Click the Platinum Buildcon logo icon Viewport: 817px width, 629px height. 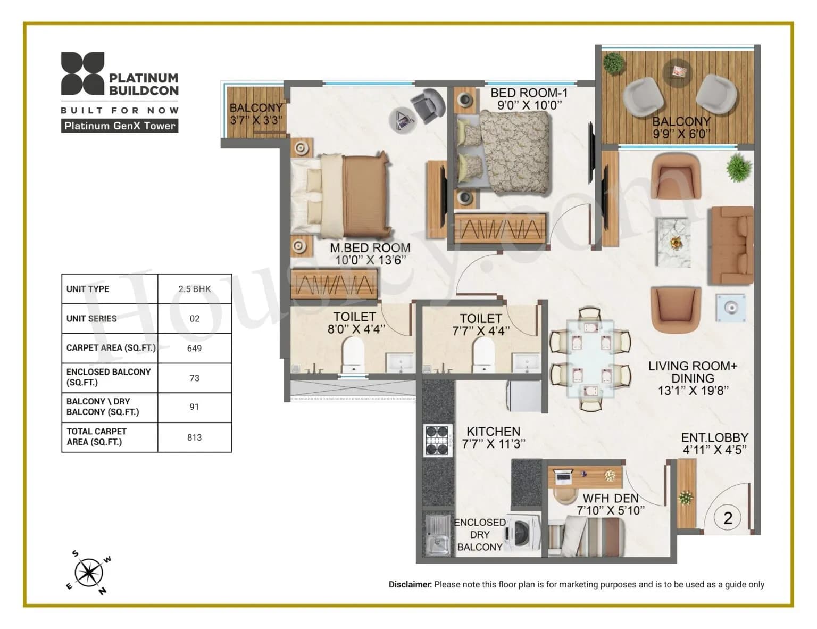82,73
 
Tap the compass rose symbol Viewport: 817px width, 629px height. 88,573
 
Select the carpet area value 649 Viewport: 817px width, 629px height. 194,349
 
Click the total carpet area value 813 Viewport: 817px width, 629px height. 194,437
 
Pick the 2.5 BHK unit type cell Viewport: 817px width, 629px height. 194,289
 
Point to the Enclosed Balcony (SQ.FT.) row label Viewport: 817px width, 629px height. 109,377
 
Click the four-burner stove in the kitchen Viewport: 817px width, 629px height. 438,440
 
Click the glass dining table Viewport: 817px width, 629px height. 590,358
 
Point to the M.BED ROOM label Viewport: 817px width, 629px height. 370,247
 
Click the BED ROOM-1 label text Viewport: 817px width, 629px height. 529,93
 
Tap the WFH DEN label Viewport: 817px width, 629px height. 610,498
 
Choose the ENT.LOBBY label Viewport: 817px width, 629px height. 714,437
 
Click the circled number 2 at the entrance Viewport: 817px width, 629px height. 728,517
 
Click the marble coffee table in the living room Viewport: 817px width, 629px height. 673,242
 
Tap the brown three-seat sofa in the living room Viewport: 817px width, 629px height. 730,246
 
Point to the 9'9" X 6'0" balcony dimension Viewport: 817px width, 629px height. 681,134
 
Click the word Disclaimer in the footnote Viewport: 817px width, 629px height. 410,584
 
